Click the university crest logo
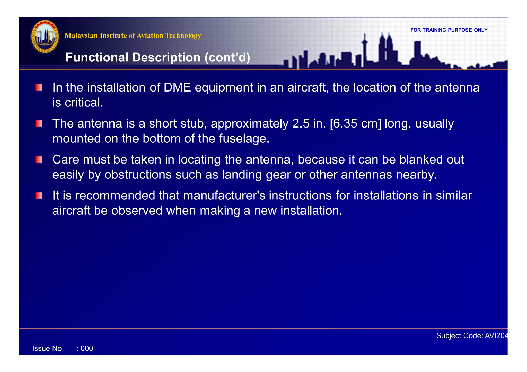coord(45,37)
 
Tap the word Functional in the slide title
coord(97,57)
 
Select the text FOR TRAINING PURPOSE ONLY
coord(449,30)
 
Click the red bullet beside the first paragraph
coord(39,88)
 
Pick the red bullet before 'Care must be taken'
coord(39,160)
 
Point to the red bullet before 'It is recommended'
coord(39,196)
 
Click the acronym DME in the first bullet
coord(177,88)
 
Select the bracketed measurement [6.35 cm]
coord(355,124)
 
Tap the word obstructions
coord(138,175)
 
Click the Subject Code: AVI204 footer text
coord(472,336)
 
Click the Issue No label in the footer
coord(47,349)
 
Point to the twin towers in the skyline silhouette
coord(385,49)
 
